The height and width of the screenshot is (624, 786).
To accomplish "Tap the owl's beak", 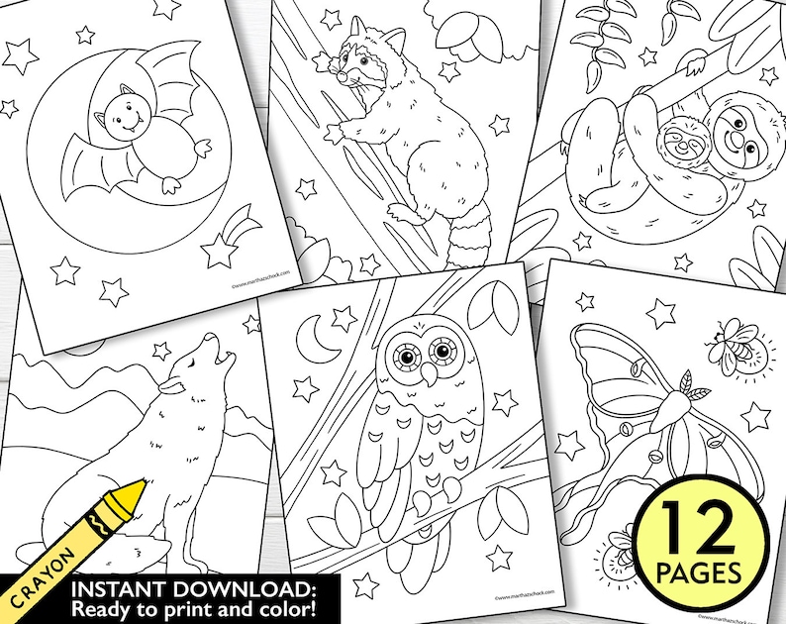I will click(427, 373).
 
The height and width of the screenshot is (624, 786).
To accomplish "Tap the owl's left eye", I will click(405, 353).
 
